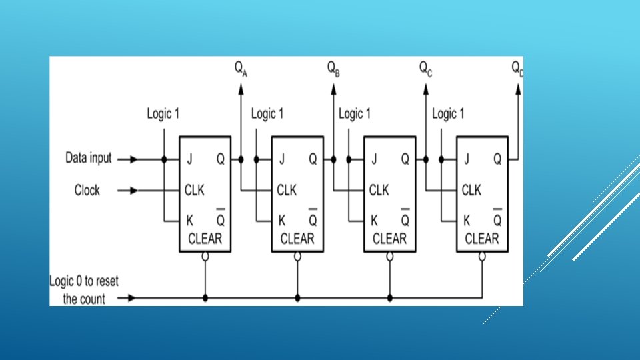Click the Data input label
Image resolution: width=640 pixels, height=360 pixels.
[x=89, y=159]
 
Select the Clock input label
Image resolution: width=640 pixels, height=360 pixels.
[x=87, y=191]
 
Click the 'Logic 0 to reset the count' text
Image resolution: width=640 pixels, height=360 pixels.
[x=84, y=290]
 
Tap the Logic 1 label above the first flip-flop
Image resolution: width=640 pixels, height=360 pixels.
[x=163, y=114]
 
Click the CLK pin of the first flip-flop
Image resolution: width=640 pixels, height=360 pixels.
[x=194, y=191]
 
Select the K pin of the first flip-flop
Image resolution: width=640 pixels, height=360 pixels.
[x=188, y=220]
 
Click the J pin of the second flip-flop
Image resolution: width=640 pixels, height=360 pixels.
[x=281, y=159]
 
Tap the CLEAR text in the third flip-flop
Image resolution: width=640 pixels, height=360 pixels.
[x=389, y=239]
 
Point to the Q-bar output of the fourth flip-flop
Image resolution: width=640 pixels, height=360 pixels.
[x=497, y=219]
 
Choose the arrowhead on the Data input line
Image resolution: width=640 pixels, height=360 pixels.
[x=134, y=159]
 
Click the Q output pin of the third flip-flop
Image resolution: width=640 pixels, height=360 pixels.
[x=405, y=159]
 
